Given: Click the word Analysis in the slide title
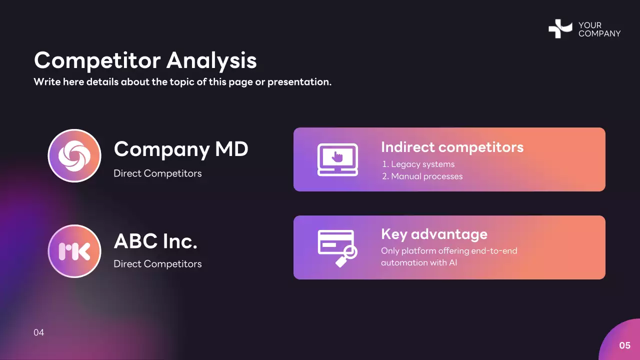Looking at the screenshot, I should (211, 60).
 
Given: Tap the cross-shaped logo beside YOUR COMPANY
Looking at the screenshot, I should (560, 28).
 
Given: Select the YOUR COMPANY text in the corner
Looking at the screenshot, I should (599, 29).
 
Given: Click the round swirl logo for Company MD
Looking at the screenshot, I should (74, 155).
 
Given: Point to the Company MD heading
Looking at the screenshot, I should (181, 149).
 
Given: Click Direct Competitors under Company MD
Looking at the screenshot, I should (157, 173).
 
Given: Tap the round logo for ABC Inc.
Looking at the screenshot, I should (74, 251).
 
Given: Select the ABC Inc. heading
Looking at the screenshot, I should (155, 241).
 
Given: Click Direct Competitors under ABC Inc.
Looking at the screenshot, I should (157, 264).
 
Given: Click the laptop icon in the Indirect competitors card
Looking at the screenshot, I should (337, 159).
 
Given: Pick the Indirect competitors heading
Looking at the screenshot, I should (452, 147).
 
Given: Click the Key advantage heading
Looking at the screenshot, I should (434, 234).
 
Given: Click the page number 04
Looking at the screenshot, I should (39, 332).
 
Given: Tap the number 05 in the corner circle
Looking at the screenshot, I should (624, 345).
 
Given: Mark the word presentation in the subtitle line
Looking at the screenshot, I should (299, 82).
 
